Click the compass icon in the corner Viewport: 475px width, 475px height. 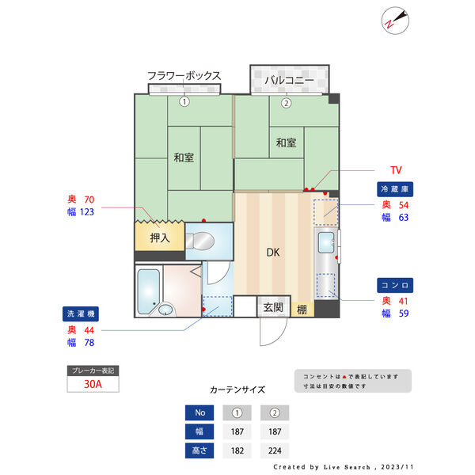[x=393, y=21]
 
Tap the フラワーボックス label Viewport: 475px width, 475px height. [x=184, y=76]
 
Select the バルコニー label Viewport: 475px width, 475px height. [x=289, y=80]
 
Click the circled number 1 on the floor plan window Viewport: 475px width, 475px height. [x=184, y=101]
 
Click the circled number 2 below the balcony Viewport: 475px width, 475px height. [x=287, y=102]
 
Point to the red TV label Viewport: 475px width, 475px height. [x=396, y=170]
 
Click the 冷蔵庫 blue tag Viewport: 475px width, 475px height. [x=396, y=189]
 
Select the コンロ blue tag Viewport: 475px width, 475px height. [x=396, y=284]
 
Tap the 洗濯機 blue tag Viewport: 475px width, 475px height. [x=83, y=313]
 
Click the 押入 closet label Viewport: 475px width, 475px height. [x=160, y=237]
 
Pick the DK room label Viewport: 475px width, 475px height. [x=272, y=253]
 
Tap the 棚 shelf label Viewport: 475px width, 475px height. [x=302, y=309]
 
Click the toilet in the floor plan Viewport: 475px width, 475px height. [x=201, y=241]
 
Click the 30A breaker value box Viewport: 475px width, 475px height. [x=93, y=385]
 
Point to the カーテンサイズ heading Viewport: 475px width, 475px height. [x=237, y=389]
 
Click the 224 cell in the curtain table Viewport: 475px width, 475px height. [x=273, y=450]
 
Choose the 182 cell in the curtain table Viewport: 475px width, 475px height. [x=236, y=450]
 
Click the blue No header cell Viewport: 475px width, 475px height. [x=199, y=412]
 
